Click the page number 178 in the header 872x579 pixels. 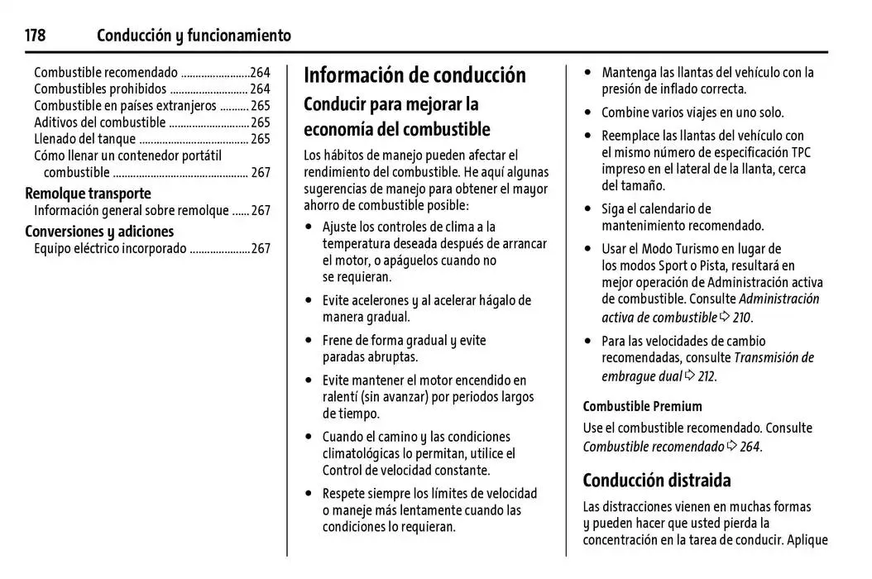pyautogui.click(x=35, y=36)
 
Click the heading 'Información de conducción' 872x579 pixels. pyautogui.click(x=414, y=75)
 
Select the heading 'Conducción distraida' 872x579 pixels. pyautogui.click(x=657, y=481)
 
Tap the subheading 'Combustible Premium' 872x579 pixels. pyautogui.click(x=642, y=406)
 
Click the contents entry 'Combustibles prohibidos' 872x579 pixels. pyautogui.click(x=100, y=89)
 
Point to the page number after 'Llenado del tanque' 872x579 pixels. pyautogui.click(x=261, y=139)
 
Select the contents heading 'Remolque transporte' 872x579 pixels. pyautogui.click(x=88, y=194)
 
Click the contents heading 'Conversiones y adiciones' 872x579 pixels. pyautogui.click(x=99, y=232)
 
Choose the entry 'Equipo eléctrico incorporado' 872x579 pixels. pyautogui.click(x=110, y=248)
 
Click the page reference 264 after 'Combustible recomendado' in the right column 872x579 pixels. pyautogui.click(x=750, y=447)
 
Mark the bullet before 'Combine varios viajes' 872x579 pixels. pyautogui.click(x=588, y=112)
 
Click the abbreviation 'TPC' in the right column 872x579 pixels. pyautogui.click(x=801, y=152)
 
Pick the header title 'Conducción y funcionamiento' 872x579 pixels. pyautogui.click(x=194, y=36)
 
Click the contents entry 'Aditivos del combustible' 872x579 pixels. pyautogui.click(x=100, y=122)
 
